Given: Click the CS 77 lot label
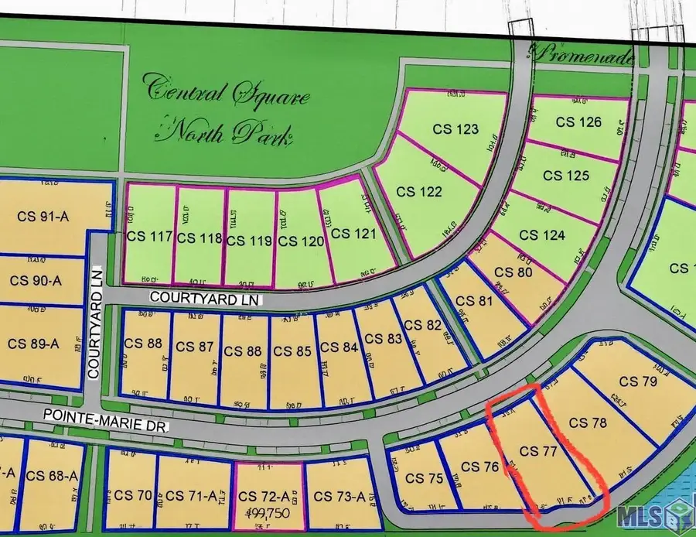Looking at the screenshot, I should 540,450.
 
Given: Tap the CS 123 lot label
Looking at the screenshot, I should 458,129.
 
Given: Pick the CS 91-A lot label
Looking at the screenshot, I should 43,217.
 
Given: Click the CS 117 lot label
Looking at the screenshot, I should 148,238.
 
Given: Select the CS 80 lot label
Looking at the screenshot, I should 514,272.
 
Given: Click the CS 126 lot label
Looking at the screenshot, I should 579,121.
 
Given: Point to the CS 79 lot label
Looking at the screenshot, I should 638,381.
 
